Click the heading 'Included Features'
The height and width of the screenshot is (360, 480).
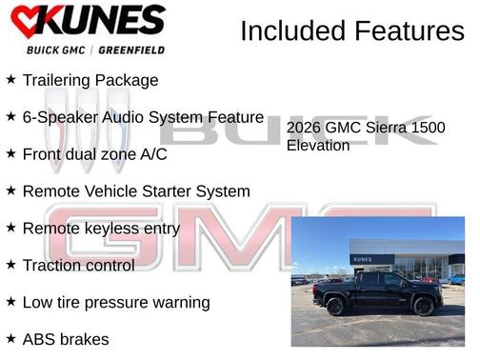coord(351,30)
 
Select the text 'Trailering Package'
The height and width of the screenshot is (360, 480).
coord(90,80)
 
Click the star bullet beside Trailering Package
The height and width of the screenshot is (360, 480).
coord(10,80)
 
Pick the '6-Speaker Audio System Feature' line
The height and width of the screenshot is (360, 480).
coord(143,117)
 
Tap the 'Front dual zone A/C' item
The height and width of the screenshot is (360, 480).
coord(95,153)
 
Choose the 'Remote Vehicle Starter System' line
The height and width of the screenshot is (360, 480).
coord(136,190)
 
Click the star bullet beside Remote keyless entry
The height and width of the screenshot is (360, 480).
coord(10,228)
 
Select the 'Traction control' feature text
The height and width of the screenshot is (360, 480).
coord(78,265)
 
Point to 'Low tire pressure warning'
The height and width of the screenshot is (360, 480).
coord(115,302)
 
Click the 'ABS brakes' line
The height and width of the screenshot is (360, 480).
coord(66,338)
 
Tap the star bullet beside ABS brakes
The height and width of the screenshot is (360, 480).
coord(10,338)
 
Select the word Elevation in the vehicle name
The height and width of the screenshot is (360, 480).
coord(318,146)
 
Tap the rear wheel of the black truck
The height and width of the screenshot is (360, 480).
coord(335,307)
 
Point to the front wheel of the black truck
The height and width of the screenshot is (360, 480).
coord(424,306)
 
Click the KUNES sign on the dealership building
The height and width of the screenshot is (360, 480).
coord(363,258)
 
